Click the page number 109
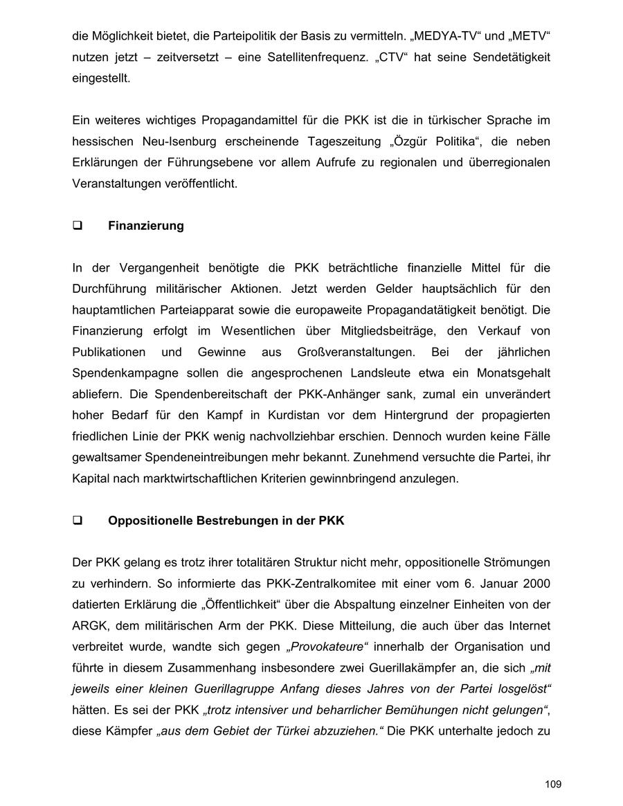click(553, 785)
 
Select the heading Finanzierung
click(146, 226)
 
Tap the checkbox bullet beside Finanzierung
click(78, 226)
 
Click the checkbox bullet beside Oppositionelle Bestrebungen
click(78, 521)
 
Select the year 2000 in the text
click(536, 584)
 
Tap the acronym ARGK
click(89, 626)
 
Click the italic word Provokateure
click(326, 647)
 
